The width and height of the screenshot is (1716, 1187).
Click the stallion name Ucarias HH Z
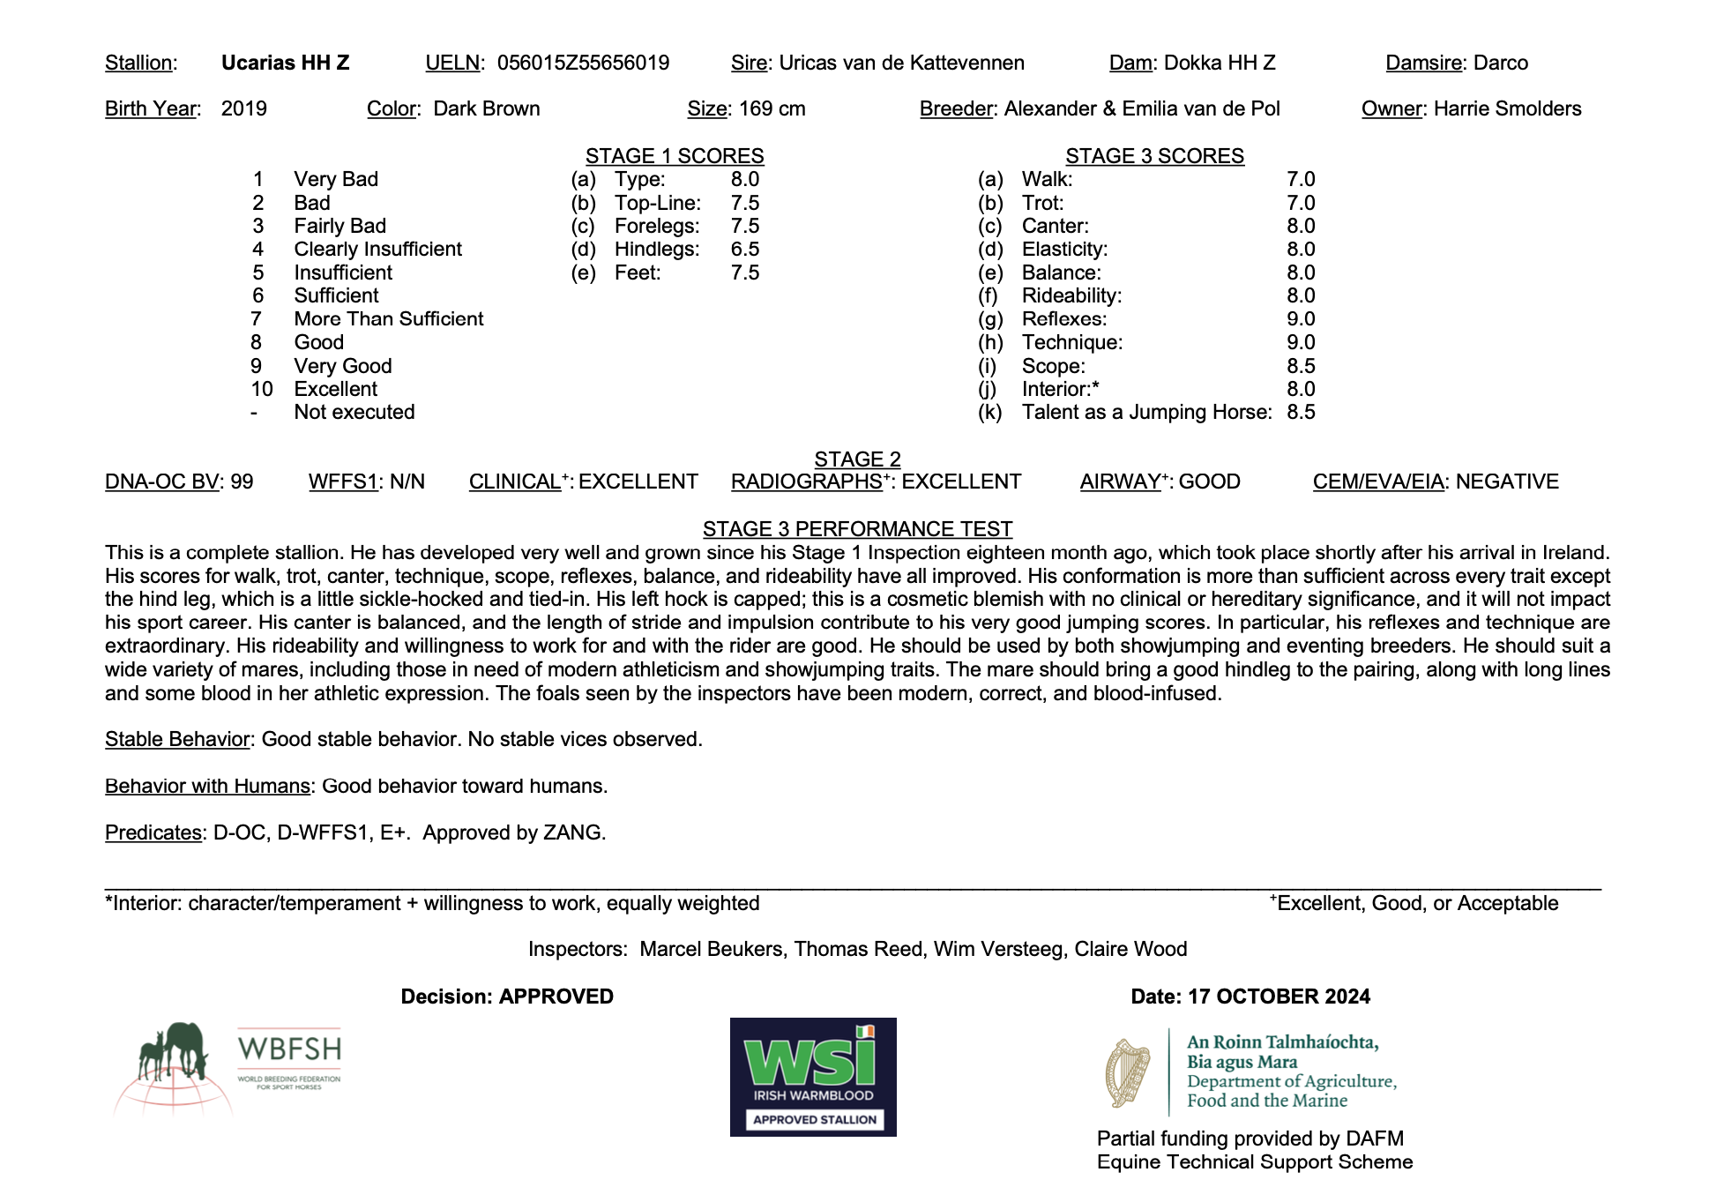[285, 63]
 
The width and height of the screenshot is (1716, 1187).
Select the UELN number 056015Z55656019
[583, 63]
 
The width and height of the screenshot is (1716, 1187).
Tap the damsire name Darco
[1501, 63]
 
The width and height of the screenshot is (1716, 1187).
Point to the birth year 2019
[243, 108]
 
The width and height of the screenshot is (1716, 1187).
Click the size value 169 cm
[772, 108]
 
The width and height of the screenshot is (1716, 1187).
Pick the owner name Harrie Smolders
[1507, 108]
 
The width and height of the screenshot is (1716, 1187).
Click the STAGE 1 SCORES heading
[675, 156]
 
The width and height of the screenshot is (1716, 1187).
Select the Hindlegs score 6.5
[744, 250]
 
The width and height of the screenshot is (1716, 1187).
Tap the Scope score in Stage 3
[1301, 366]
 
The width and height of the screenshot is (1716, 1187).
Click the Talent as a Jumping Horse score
[1301, 412]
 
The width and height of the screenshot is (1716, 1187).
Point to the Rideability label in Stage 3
[1071, 296]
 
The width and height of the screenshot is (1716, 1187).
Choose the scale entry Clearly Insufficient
[377, 250]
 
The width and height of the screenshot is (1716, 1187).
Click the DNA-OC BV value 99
[242, 482]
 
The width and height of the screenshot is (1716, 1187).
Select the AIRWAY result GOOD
[1209, 482]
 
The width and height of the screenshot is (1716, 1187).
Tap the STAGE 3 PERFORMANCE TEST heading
[857, 529]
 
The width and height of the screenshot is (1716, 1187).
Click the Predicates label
[153, 832]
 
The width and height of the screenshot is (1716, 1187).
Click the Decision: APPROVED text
[507, 997]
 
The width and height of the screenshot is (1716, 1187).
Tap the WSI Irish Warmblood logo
[813, 1077]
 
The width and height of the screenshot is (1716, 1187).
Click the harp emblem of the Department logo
[1128, 1072]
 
